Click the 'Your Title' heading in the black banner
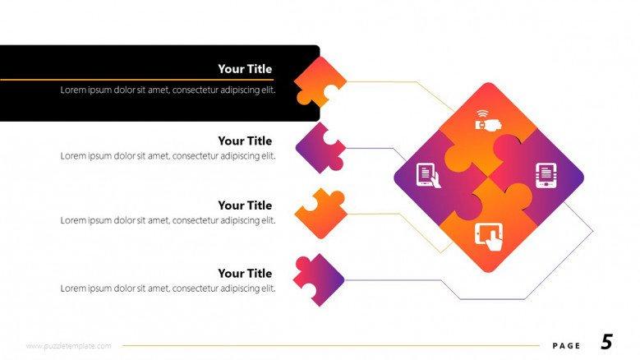point(245,69)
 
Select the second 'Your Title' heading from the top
point(245,141)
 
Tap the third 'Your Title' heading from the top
point(245,205)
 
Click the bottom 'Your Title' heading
point(245,274)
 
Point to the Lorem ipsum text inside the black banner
point(168,90)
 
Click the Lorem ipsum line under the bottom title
point(168,288)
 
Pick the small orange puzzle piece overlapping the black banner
point(320,81)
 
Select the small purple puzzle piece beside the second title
point(320,148)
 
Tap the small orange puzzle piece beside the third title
point(320,214)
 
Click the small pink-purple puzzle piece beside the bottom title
point(319,280)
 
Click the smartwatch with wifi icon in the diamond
point(488,120)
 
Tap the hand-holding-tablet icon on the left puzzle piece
point(428,176)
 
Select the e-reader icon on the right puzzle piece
point(546,176)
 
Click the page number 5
point(607,342)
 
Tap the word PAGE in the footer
point(566,346)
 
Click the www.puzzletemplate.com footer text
point(68,346)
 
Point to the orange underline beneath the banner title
point(136,80)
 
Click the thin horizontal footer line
point(331,346)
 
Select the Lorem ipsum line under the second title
point(168,156)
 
